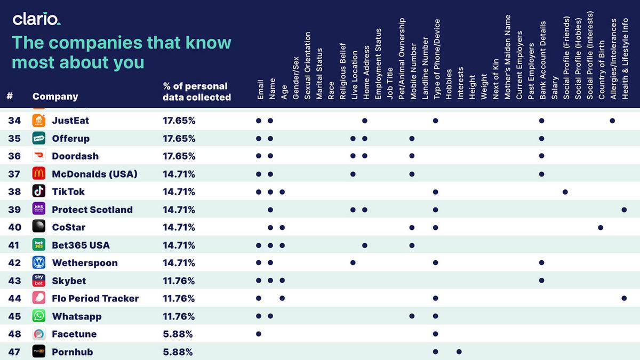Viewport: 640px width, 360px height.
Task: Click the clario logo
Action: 36,19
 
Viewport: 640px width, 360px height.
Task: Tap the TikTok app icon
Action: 38,191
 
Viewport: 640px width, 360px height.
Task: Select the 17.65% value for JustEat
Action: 179,121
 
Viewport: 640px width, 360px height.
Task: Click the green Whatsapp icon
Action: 38,316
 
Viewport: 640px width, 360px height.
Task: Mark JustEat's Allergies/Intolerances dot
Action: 612,121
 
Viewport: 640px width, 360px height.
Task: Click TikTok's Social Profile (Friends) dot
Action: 565,191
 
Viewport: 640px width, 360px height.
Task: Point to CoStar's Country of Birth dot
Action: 601,227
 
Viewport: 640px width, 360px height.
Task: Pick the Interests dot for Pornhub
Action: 459,352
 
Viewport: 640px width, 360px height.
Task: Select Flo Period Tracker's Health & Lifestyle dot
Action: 624,299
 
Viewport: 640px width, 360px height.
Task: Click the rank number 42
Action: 14,263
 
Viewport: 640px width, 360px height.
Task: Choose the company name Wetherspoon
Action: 84,263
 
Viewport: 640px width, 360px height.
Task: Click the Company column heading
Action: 55,97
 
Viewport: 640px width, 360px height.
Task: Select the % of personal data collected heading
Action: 196,91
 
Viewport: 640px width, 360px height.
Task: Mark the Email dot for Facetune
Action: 259,334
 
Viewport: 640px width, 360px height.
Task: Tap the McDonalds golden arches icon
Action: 38,174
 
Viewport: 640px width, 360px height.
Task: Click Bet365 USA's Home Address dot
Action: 365,245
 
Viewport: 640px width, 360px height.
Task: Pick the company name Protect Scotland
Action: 92,210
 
